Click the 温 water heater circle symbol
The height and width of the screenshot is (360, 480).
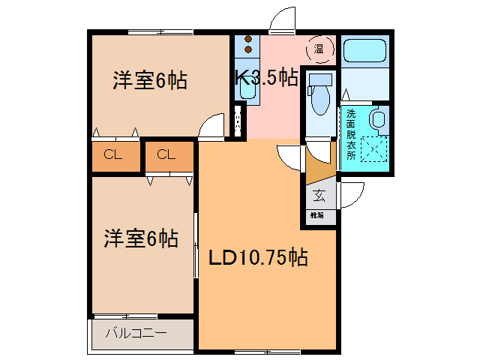point(319,49)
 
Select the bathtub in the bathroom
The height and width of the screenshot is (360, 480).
point(364,52)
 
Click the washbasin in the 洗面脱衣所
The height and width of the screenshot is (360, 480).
point(378,118)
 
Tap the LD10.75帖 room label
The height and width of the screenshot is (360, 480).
point(256,259)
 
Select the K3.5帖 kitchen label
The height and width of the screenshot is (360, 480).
point(266,78)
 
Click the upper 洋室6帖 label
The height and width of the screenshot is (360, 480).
point(150,80)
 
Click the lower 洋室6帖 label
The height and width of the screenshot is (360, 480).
point(141,239)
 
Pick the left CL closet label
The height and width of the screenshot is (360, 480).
point(113,155)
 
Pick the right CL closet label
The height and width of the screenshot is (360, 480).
point(166,155)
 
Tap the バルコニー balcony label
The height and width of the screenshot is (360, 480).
point(136,331)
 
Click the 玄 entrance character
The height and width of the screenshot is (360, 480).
point(319,196)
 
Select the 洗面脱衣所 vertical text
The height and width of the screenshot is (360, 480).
point(350,135)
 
